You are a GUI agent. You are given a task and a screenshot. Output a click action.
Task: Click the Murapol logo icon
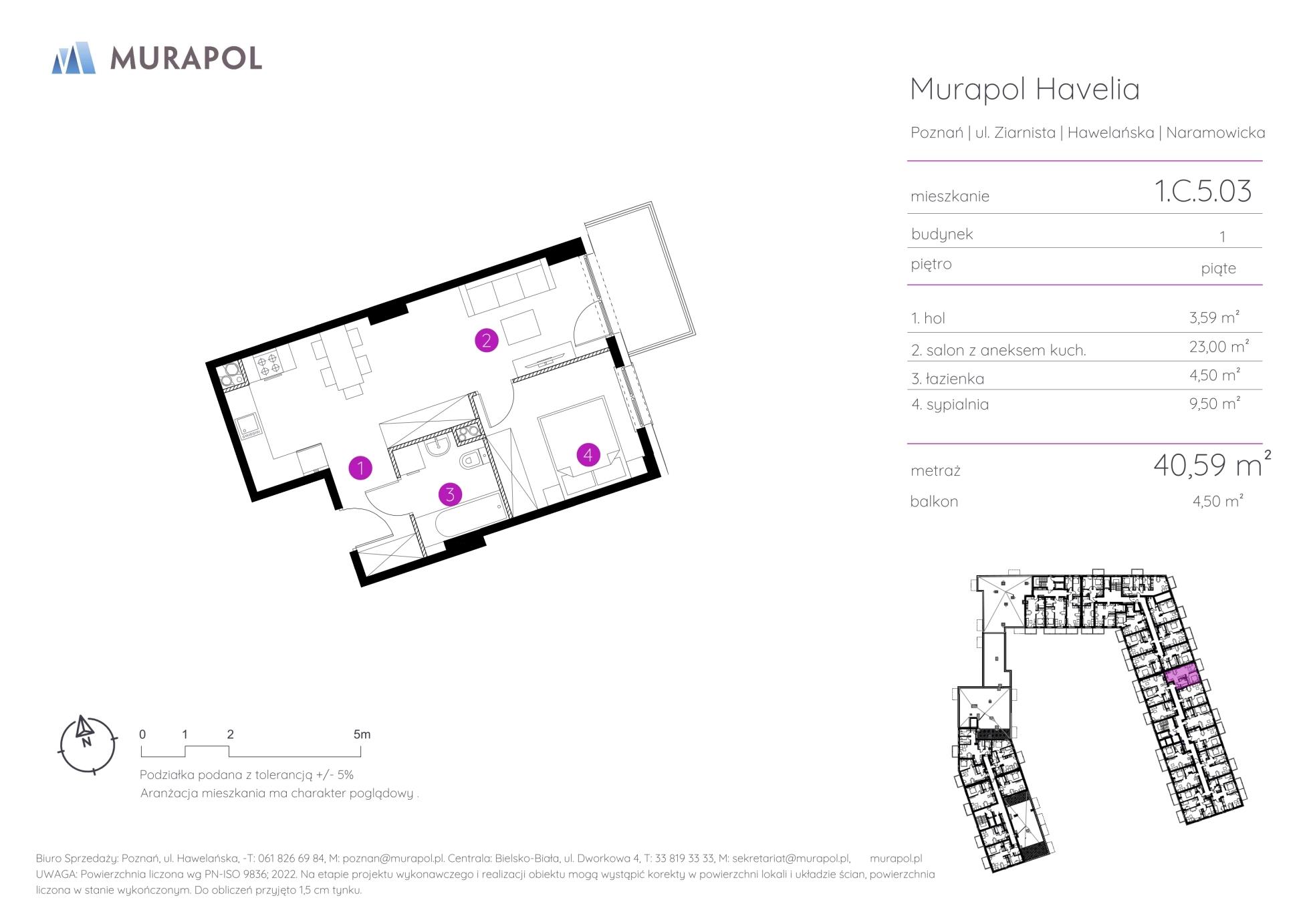click(x=74, y=57)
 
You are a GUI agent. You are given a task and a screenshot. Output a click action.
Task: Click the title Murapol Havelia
click(x=1025, y=89)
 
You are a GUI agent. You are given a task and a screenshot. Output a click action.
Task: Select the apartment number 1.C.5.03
click(x=1203, y=190)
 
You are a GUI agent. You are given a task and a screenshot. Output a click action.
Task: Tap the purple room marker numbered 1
click(x=360, y=468)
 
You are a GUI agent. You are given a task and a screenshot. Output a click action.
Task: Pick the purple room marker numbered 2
click(x=486, y=341)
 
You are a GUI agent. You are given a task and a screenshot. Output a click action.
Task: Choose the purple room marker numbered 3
click(x=450, y=494)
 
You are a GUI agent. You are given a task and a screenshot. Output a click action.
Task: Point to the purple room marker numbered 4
click(x=588, y=455)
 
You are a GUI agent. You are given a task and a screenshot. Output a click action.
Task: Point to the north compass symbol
click(x=87, y=744)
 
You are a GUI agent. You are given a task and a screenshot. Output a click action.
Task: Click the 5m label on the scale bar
click(x=362, y=734)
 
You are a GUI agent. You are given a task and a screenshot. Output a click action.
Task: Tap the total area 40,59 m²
click(x=1212, y=464)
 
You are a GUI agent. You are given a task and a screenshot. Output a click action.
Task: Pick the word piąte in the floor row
click(x=1219, y=269)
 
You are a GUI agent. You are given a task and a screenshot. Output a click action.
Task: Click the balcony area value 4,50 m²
click(x=1217, y=501)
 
